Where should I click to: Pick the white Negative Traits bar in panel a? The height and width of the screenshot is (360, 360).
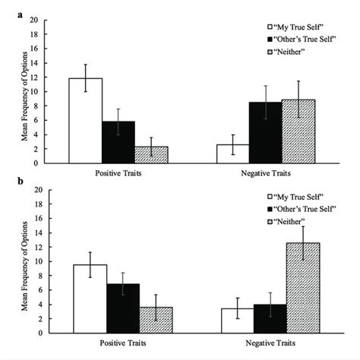(x=233, y=153)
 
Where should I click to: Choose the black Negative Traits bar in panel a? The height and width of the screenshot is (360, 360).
(x=266, y=132)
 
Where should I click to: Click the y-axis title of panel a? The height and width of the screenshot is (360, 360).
(x=27, y=92)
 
